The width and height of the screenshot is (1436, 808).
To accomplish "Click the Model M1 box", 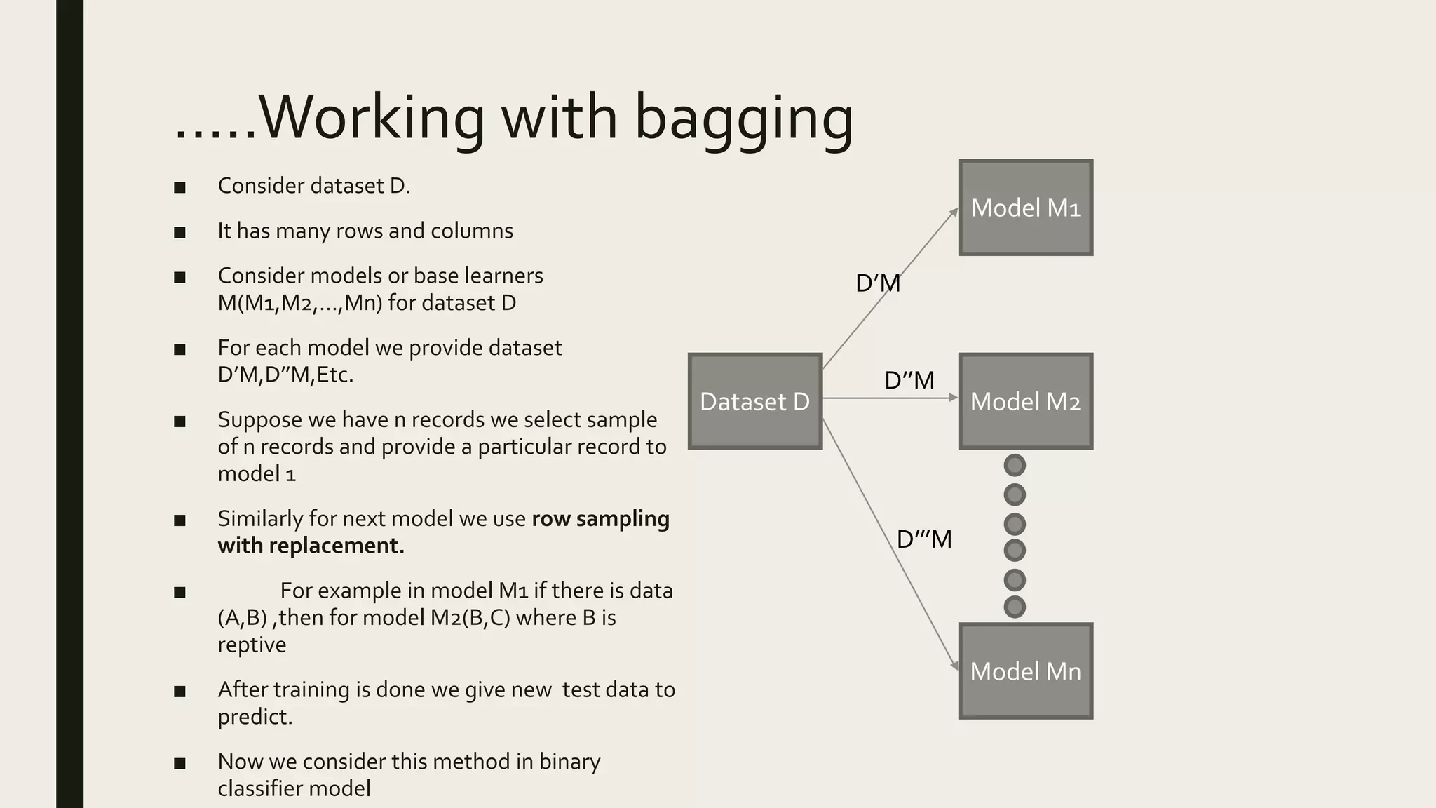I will pos(1025,208).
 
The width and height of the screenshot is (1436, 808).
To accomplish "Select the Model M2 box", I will pos(1025,401).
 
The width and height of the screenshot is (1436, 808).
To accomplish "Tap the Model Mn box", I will pos(1025,671).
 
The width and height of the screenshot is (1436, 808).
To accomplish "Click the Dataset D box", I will pos(754,401).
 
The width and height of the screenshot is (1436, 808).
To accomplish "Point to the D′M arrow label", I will pos(878,283).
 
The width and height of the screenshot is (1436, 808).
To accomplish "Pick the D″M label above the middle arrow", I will pos(909,380).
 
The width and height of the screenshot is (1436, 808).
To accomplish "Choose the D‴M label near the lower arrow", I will pos(924,539).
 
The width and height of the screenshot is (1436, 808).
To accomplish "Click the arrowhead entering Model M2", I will pos(954,398).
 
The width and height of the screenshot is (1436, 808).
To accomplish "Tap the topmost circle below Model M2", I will pos(1015,465).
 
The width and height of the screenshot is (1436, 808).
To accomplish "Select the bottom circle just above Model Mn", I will pos(1015,607).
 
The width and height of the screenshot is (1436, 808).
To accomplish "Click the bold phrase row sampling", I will pos(600,519).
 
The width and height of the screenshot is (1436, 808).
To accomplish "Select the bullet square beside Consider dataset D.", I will pos(180,187).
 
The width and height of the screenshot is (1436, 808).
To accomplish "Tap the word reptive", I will pos(252,645).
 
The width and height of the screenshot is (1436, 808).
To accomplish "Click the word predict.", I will pos(254,717).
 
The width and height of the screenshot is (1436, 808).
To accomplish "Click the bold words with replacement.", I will pos(311,546).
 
